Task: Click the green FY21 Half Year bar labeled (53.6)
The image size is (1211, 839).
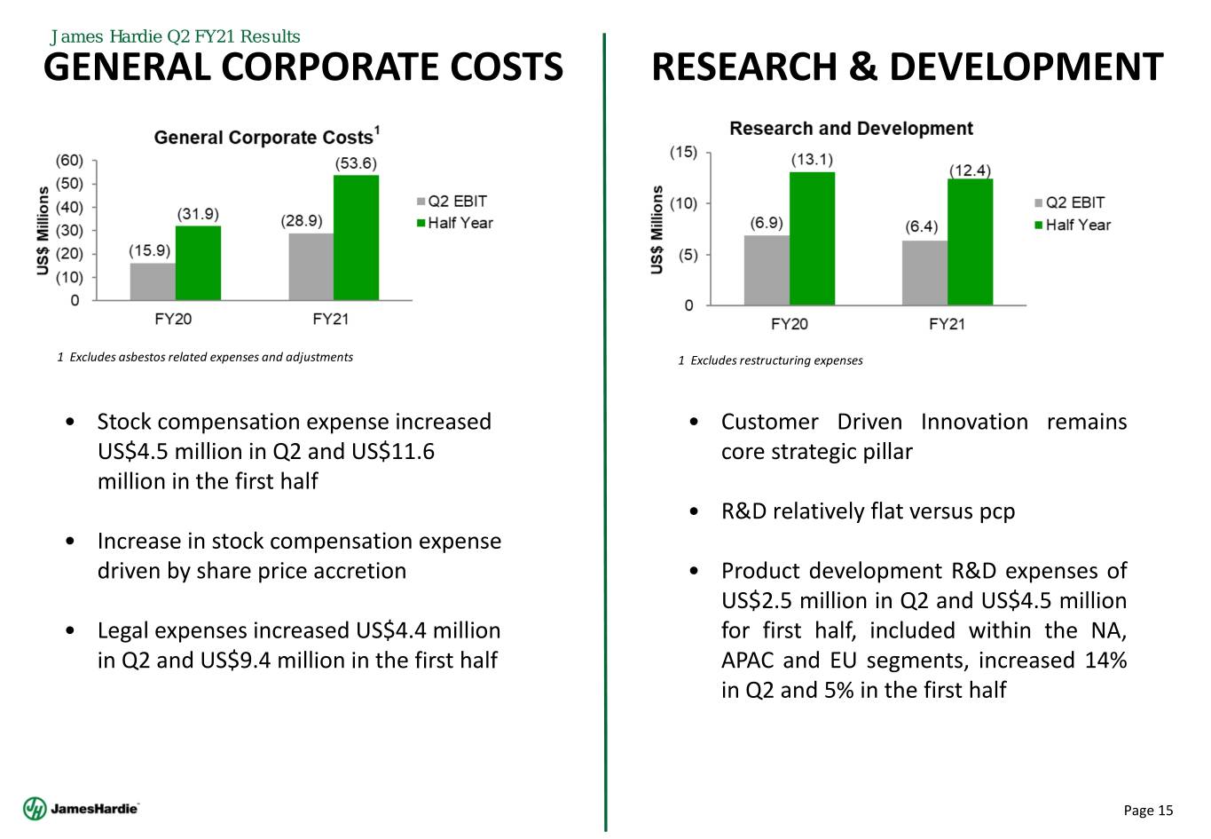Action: (356, 238)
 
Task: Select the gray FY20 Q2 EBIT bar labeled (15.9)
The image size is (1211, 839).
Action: (153, 281)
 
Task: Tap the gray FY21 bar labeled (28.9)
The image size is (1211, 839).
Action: (311, 266)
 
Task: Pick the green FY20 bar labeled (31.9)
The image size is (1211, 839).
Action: (198, 263)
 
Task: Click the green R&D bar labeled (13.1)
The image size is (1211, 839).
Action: (812, 238)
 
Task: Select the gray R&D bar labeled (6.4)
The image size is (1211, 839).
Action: (924, 273)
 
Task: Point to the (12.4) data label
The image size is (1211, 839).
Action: (970, 170)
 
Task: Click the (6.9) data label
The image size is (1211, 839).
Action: (767, 222)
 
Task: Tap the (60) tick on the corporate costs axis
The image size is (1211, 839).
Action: (69, 161)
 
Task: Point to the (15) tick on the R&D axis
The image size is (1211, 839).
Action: (683, 152)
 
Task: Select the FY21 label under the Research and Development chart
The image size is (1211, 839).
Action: (947, 324)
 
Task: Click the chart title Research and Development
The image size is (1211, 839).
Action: (851, 129)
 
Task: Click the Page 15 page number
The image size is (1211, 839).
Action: (1148, 810)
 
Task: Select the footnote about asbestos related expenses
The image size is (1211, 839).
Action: (205, 357)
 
